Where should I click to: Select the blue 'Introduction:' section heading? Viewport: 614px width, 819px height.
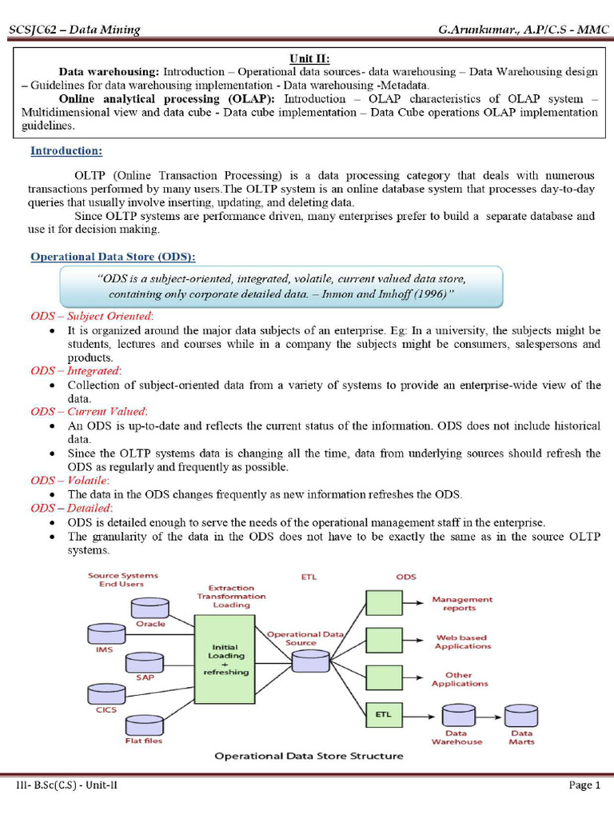click(x=66, y=150)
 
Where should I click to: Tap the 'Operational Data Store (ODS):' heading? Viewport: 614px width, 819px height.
click(x=113, y=256)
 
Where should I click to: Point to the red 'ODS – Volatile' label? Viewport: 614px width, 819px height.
click(x=70, y=480)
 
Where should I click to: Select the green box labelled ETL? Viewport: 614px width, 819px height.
click(x=383, y=713)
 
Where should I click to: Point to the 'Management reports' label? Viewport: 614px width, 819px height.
click(x=462, y=603)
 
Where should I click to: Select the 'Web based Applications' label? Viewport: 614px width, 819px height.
click(x=463, y=641)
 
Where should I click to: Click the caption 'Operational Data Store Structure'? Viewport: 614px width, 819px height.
click(x=309, y=756)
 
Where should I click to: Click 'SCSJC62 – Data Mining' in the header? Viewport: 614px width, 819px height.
click(x=74, y=30)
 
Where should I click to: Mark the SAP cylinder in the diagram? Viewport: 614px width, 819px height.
click(x=144, y=662)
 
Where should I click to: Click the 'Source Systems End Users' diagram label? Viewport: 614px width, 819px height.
click(x=122, y=579)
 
